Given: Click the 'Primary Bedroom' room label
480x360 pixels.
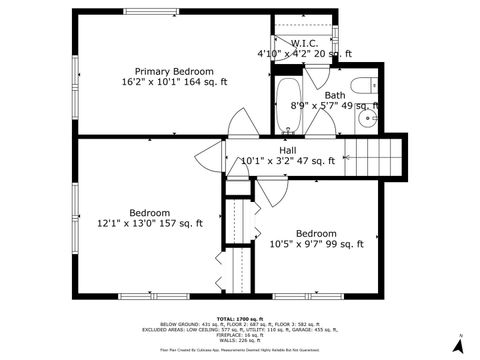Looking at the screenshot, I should click(175, 71).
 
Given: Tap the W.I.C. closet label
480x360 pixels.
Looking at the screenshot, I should click(304, 43).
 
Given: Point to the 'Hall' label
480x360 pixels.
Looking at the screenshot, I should click(288, 150).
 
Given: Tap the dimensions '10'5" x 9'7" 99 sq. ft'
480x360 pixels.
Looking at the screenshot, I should click(316, 243).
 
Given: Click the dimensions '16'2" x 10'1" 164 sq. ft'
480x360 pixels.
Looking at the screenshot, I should click(175, 82).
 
